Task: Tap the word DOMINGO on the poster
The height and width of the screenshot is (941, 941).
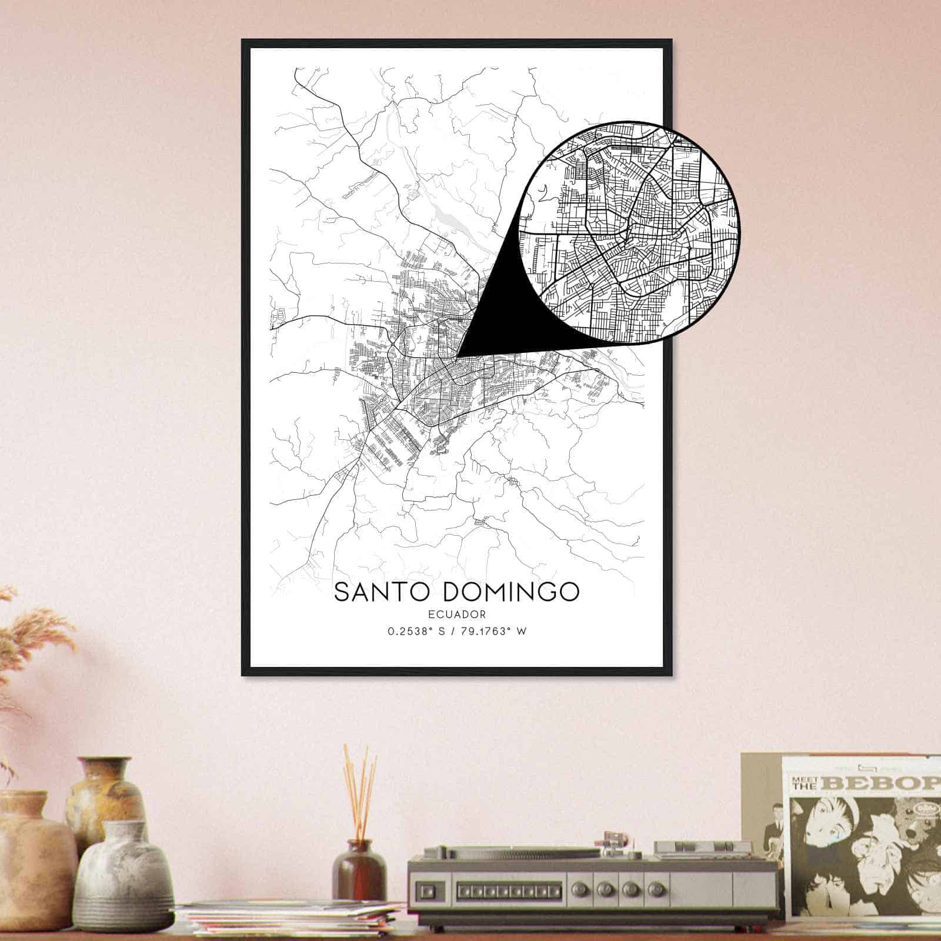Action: click(x=510, y=592)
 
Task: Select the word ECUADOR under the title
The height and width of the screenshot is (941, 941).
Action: click(x=457, y=615)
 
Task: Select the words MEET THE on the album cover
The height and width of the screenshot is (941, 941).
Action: click(x=804, y=782)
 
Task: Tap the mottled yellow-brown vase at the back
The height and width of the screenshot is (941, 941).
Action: click(x=106, y=794)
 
